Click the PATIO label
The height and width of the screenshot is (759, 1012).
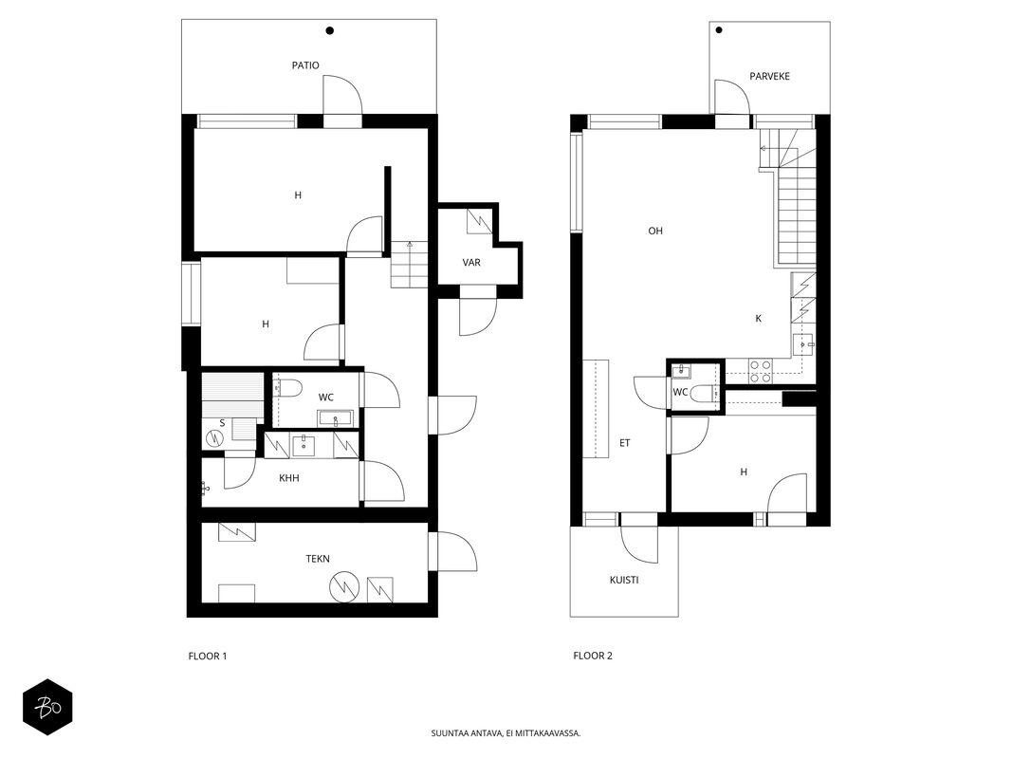305,65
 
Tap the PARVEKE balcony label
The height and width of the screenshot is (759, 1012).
769,76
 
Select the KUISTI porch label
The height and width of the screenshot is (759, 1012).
624,581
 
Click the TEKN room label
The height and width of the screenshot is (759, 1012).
318,559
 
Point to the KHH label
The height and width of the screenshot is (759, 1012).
289,478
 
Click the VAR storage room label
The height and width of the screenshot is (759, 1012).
471,263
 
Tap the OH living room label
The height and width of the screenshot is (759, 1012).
655,231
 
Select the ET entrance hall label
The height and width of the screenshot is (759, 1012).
625,443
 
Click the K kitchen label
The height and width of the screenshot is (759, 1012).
759,318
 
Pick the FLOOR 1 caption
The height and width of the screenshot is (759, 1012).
207,657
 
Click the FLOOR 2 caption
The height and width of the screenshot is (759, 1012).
593,656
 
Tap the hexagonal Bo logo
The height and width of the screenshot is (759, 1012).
47,708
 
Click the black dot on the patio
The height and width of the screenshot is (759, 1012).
330,30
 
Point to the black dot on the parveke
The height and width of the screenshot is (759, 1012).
719,29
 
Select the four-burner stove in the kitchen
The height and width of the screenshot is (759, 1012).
760,372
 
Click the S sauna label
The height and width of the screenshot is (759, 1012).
222,423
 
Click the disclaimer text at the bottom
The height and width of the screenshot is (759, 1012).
506,733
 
